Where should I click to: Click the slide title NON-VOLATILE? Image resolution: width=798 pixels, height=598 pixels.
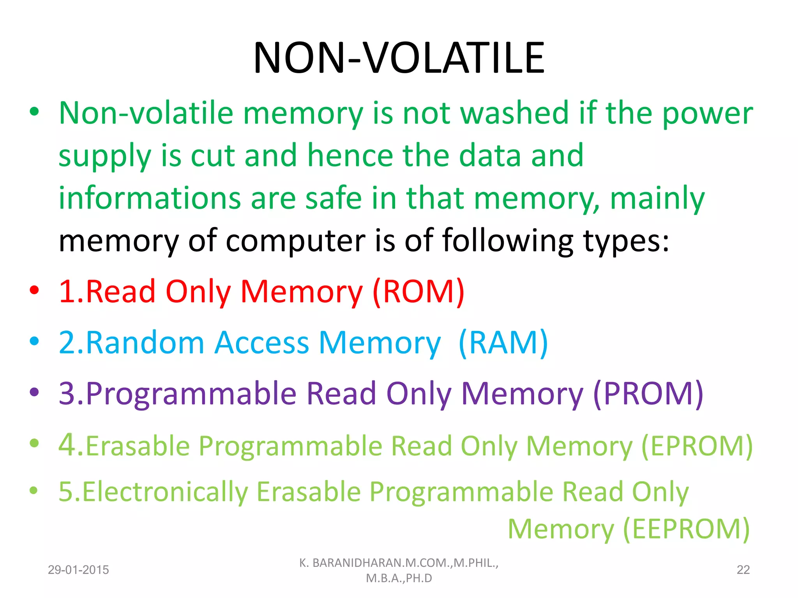click(x=399, y=58)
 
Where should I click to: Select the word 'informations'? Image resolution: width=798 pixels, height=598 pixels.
click(x=150, y=198)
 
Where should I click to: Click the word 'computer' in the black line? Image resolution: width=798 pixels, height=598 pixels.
click(x=295, y=241)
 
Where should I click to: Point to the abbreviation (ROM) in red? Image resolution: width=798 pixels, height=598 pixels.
click(x=418, y=291)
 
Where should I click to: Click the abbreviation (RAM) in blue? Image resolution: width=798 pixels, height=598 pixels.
click(x=503, y=343)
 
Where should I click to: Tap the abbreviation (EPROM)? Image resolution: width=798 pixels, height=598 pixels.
click(x=697, y=446)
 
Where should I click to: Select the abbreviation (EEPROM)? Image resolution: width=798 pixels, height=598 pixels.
click(x=686, y=529)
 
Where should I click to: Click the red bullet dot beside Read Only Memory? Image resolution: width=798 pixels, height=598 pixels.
click(x=34, y=290)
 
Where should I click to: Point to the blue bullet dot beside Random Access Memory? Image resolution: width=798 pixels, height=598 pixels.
click(x=34, y=341)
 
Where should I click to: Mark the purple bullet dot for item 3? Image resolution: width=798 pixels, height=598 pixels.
click(x=34, y=392)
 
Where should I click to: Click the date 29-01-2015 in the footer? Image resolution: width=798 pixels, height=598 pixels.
click(x=78, y=570)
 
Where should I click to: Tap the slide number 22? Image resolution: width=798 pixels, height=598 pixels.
click(x=743, y=570)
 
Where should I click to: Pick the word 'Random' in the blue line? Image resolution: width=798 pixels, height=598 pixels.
click(x=145, y=343)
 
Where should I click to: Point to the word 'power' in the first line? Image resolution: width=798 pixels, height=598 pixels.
click(x=708, y=113)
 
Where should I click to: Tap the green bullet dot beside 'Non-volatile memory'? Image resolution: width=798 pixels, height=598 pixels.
click(x=34, y=112)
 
